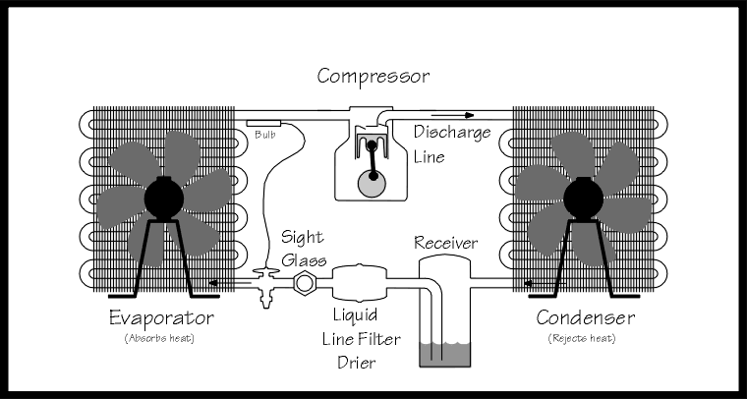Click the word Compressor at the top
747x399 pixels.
point(373,75)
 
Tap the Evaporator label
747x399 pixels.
point(163,318)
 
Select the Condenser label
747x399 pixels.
point(585,318)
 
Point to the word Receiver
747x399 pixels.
point(446,243)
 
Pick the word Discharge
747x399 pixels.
point(451,132)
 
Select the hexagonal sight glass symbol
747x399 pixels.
point(305,283)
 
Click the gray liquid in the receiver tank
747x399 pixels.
point(446,355)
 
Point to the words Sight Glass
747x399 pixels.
point(304,249)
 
